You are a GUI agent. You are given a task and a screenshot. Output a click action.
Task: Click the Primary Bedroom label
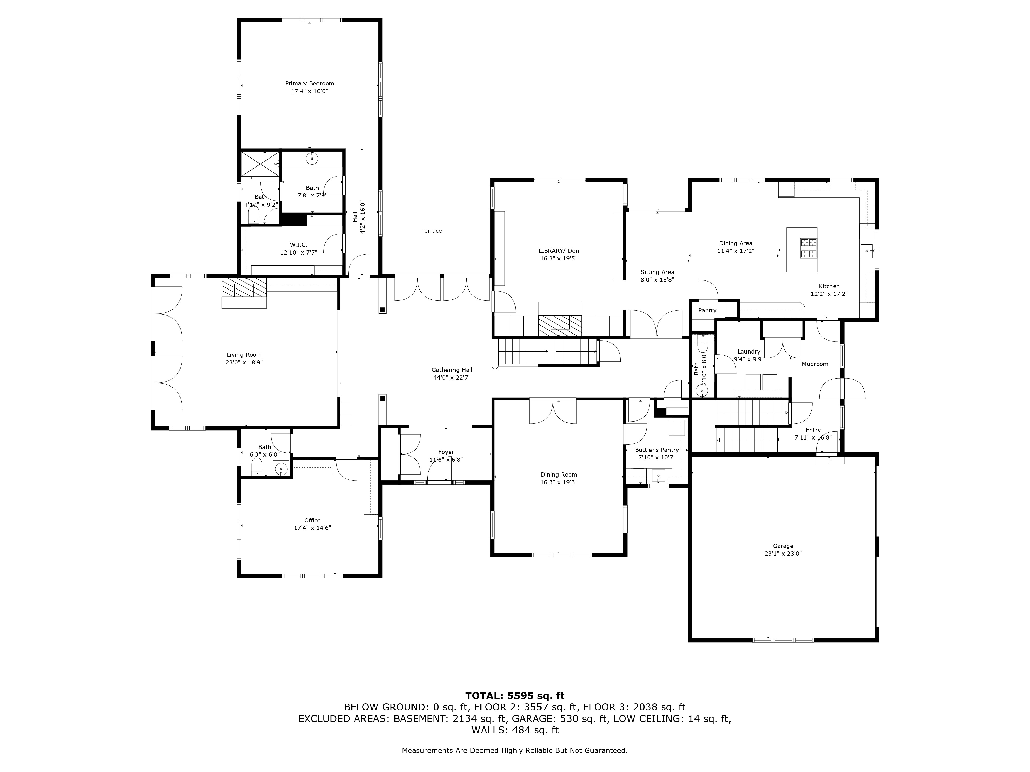coord(310,84)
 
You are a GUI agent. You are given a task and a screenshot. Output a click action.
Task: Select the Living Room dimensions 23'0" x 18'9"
coord(244,363)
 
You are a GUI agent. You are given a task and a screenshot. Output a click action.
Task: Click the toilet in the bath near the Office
coord(256,467)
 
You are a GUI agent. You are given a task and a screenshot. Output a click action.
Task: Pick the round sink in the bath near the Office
coord(281,469)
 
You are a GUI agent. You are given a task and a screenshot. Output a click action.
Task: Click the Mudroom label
coord(815,364)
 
